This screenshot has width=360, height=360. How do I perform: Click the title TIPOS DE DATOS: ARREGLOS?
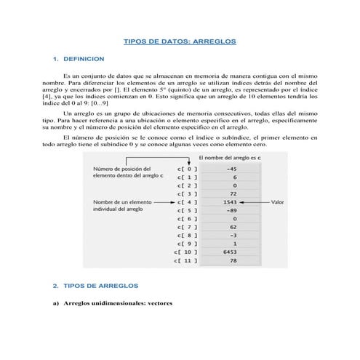click(180, 42)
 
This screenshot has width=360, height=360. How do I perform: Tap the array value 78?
click(233, 260)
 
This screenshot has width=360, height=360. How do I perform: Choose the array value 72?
click(233, 193)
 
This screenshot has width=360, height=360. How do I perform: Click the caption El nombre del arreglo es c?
click(231, 158)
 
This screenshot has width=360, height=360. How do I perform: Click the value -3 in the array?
click(232, 235)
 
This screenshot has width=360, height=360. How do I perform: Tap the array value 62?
click(233, 227)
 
